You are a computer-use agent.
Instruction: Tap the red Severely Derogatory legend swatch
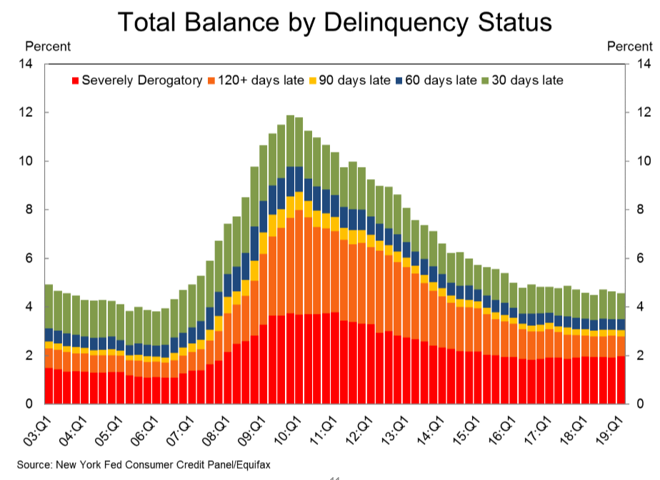(76, 81)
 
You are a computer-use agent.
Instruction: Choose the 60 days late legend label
(441, 81)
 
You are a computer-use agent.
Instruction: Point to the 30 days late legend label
(528, 81)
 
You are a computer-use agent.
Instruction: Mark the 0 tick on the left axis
(30, 404)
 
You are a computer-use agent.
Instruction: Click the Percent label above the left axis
(48, 47)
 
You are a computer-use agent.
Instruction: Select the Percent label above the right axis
(629, 47)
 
